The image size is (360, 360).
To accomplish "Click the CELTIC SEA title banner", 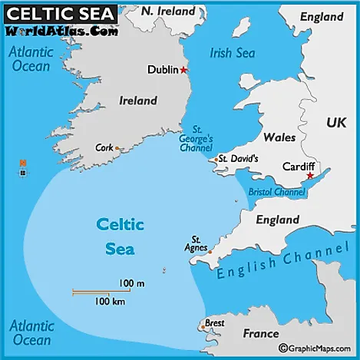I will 60,13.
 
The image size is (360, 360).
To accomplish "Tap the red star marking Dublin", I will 183,70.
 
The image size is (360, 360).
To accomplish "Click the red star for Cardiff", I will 310,176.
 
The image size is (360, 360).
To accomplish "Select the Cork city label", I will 104,147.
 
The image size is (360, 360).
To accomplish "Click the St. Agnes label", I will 197,243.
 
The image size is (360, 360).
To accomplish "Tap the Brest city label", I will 214,323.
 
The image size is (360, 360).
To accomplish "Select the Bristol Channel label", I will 276,192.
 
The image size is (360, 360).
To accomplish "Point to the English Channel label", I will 282,263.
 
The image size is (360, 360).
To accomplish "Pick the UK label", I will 336,122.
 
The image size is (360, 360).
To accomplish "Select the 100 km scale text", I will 111,301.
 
